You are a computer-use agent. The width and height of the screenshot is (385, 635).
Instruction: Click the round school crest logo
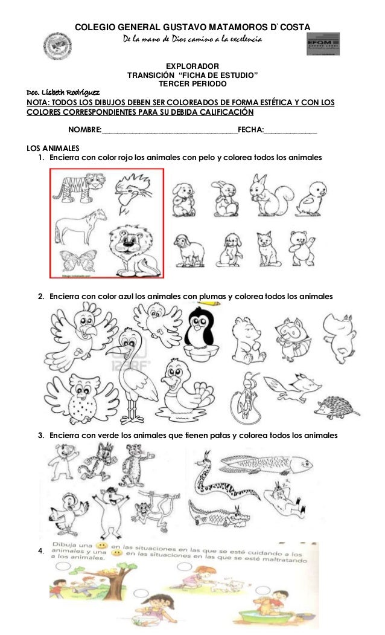[x=58, y=47]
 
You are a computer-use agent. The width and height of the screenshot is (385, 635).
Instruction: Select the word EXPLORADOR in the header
[x=192, y=65]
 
